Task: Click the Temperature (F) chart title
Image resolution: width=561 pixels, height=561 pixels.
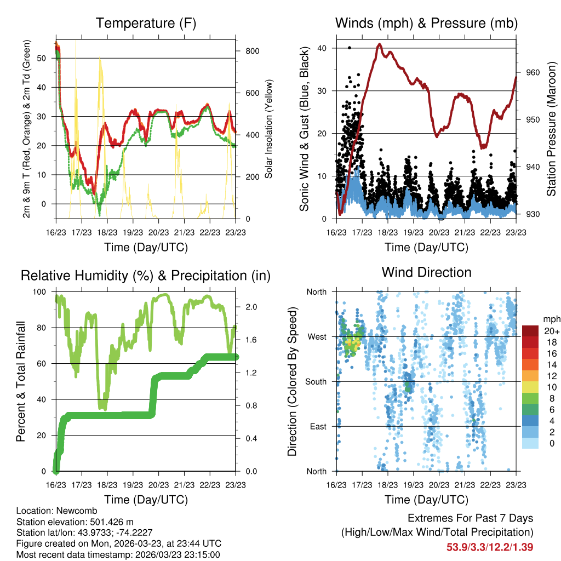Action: click(145, 24)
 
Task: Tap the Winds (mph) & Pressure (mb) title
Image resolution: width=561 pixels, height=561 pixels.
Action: click(426, 24)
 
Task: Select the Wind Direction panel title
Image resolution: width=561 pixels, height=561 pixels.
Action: click(426, 272)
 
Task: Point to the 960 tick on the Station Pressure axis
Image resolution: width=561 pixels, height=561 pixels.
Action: click(533, 72)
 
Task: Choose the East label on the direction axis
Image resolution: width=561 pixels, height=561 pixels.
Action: click(317, 426)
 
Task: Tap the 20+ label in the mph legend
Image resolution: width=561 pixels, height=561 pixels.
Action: click(551, 331)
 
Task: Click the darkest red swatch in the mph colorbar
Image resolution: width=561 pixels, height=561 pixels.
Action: click(531, 331)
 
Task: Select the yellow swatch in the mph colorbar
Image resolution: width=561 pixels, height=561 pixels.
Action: click(531, 387)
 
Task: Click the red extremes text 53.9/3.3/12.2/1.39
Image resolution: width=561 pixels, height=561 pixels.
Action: click(490, 547)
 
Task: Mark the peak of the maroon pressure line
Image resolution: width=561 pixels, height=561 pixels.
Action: click(379, 44)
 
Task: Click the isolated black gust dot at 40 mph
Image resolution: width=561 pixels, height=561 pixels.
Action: click(350, 48)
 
